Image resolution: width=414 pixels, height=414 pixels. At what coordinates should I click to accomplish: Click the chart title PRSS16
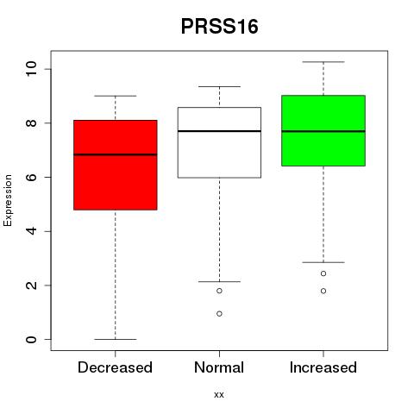pyautogui.click(x=219, y=27)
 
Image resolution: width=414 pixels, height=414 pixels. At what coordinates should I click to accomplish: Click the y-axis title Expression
pyautogui.click(x=8, y=200)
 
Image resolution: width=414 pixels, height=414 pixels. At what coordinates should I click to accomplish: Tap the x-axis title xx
pyautogui.click(x=219, y=395)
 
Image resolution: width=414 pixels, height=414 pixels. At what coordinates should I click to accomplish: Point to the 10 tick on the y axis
pyautogui.click(x=31, y=69)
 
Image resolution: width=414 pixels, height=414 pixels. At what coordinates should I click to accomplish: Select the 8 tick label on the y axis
pyautogui.click(x=31, y=123)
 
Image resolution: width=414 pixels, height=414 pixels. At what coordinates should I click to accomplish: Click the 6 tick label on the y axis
pyautogui.click(x=31, y=177)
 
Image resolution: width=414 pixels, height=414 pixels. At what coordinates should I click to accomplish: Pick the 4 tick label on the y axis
pyautogui.click(x=31, y=231)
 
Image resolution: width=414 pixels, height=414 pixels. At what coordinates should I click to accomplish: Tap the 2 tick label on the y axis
pyautogui.click(x=31, y=285)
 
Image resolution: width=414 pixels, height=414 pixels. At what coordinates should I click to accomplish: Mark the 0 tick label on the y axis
pyautogui.click(x=31, y=339)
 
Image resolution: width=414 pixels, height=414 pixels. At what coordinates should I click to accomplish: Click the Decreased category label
pyautogui.click(x=115, y=367)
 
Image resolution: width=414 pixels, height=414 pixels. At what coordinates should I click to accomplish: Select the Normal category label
pyautogui.click(x=219, y=367)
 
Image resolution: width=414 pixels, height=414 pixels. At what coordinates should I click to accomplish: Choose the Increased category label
pyautogui.click(x=323, y=367)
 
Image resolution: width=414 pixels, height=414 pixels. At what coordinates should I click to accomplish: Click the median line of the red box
pyautogui.click(x=116, y=154)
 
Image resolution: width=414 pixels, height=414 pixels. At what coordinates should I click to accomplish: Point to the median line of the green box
pyautogui.click(x=323, y=131)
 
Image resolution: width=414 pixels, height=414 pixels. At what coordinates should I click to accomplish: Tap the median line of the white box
pyautogui.click(x=219, y=131)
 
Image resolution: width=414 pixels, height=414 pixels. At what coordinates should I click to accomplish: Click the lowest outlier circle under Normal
pyautogui.click(x=219, y=314)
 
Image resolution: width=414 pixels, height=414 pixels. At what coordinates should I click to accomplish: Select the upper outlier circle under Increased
pyautogui.click(x=323, y=273)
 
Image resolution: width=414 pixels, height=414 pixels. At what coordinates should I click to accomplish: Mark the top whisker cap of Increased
pyautogui.click(x=323, y=62)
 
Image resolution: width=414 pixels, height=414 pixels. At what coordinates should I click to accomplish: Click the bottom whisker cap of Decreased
pyautogui.click(x=116, y=339)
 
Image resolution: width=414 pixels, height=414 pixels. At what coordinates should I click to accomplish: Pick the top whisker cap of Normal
pyautogui.click(x=219, y=86)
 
